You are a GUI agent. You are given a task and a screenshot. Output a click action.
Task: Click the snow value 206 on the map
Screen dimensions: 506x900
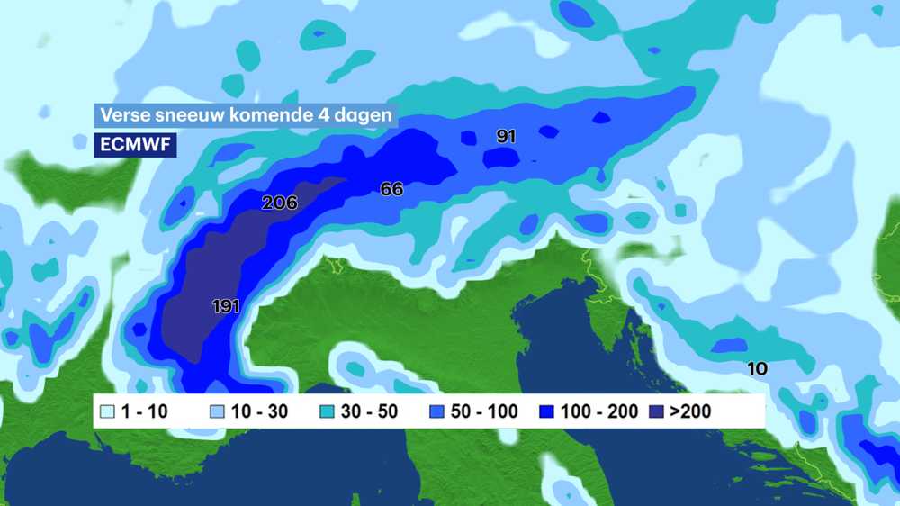tap(279, 203)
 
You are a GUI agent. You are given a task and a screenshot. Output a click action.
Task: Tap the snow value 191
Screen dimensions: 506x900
tap(226, 306)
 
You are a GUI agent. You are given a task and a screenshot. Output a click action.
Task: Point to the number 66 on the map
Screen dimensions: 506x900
tap(391, 189)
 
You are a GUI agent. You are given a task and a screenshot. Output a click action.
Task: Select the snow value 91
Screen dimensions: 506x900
tap(506, 136)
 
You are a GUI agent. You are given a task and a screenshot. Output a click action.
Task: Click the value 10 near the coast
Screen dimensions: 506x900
tap(757, 368)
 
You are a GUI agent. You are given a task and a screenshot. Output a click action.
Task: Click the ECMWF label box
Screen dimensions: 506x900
tap(135, 144)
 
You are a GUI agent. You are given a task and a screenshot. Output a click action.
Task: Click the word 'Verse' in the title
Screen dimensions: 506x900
tap(123, 115)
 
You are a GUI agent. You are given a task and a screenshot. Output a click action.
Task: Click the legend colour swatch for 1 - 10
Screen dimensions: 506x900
tap(108, 412)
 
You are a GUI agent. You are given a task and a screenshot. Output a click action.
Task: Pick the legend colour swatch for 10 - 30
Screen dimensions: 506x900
tap(217, 412)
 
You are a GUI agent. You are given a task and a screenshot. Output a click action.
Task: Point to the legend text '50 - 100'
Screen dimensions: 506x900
tap(484, 412)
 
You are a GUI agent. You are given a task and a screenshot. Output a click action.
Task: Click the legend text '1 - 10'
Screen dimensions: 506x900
tap(145, 412)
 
